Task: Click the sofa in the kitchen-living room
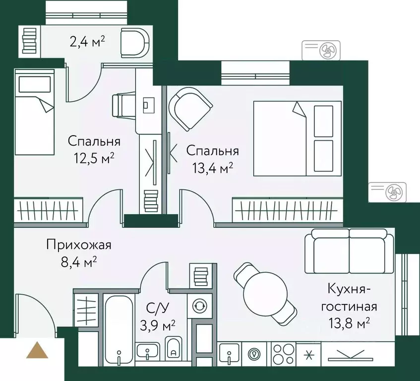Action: pyautogui.click(x=349, y=251)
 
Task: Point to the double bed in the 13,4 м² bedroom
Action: pyautogui.click(x=298, y=138)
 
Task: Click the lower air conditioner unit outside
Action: pyautogui.click(x=387, y=191)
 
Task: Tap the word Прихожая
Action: pyautogui.click(x=79, y=245)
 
